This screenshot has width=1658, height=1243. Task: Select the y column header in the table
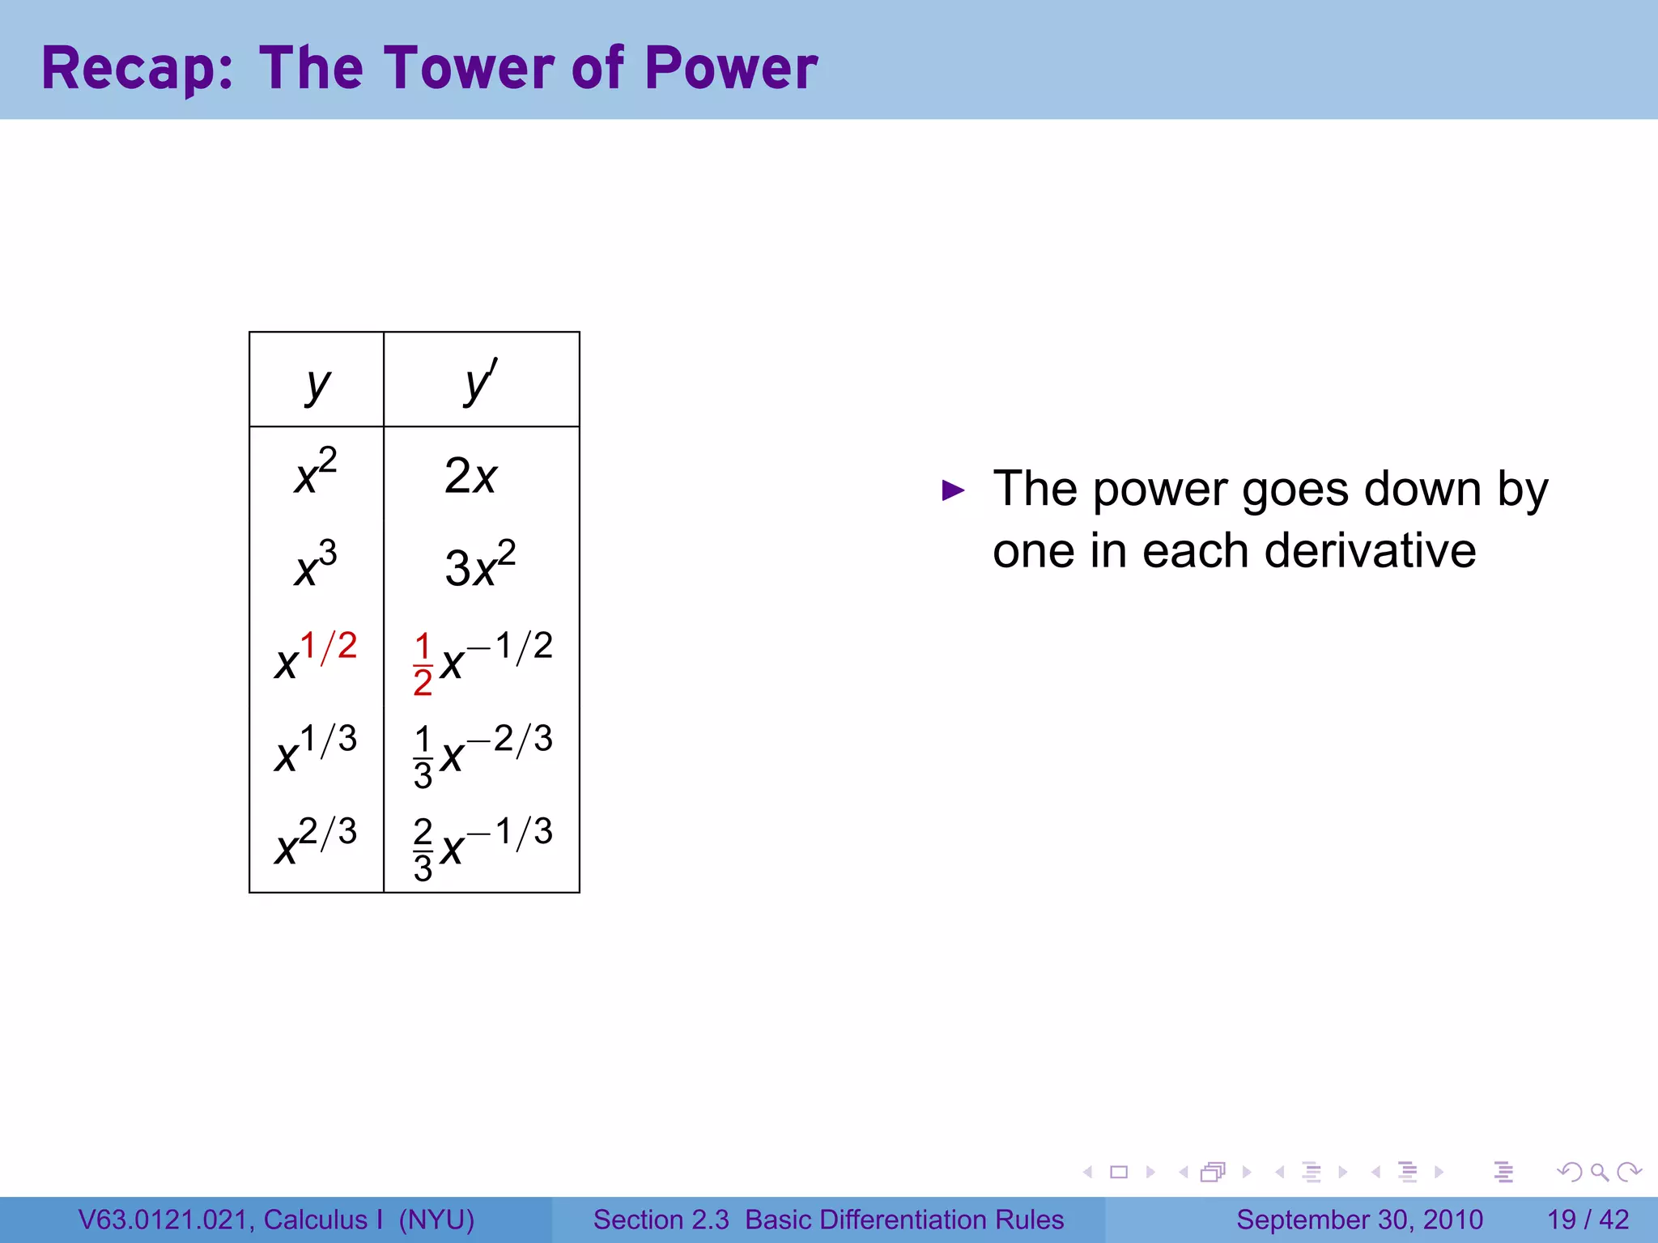[317, 384]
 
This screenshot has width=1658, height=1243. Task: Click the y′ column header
[481, 382]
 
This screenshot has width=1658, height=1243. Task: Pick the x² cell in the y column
[316, 472]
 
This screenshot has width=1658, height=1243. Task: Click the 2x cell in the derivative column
[470, 476]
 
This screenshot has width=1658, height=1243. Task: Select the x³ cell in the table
[316, 565]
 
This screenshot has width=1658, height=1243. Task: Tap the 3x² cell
[480, 565]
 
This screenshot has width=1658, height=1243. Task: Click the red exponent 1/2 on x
[329, 646]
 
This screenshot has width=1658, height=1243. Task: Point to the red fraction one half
[423, 665]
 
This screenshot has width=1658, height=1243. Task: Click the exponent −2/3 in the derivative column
[510, 739]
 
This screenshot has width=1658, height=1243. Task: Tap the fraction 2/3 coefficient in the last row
[423, 850]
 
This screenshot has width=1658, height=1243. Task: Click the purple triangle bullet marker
[954, 490]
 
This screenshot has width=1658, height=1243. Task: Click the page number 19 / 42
[1588, 1220]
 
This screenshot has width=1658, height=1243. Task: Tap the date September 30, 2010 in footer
[1359, 1220]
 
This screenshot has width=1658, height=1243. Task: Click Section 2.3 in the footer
[661, 1220]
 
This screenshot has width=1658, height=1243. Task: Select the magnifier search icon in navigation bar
[1599, 1172]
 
